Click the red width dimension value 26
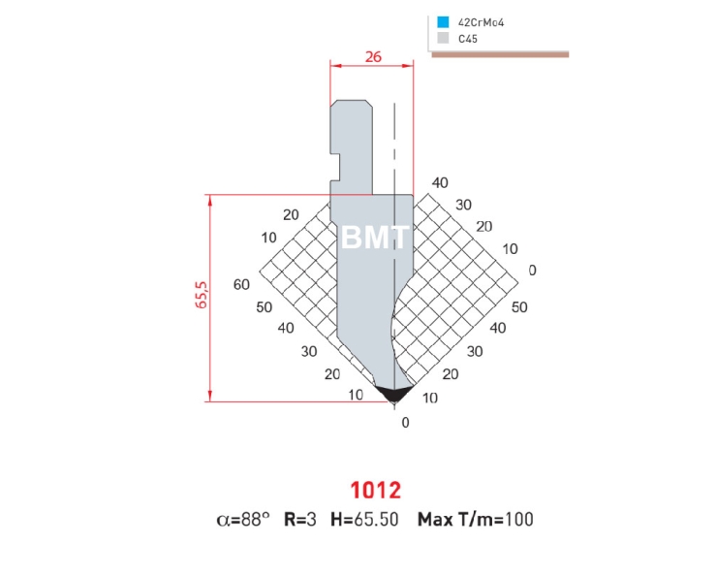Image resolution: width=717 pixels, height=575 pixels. pyautogui.click(x=373, y=56)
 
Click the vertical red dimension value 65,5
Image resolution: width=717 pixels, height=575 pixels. pyautogui.click(x=203, y=295)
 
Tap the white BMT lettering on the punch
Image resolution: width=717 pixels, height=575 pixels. pyautogui.click(x=375, y=238)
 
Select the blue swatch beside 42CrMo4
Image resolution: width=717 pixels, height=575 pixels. pyautogui.click(x=443, y=22)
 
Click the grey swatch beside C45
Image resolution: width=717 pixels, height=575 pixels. pyautogui.click(x=443, y=38)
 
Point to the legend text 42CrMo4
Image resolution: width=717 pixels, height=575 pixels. pyautogui.click(x=481, y=22)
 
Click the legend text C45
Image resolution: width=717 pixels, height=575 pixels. pyautogui.click(x=468, y=39)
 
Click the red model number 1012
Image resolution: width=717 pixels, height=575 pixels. pyautogui.click(x=375, y=490)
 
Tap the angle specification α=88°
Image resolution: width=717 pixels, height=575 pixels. pyautogui.click(x=243, y=520)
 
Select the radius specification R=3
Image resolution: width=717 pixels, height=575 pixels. pyautogui.click(x=300, y=520)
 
